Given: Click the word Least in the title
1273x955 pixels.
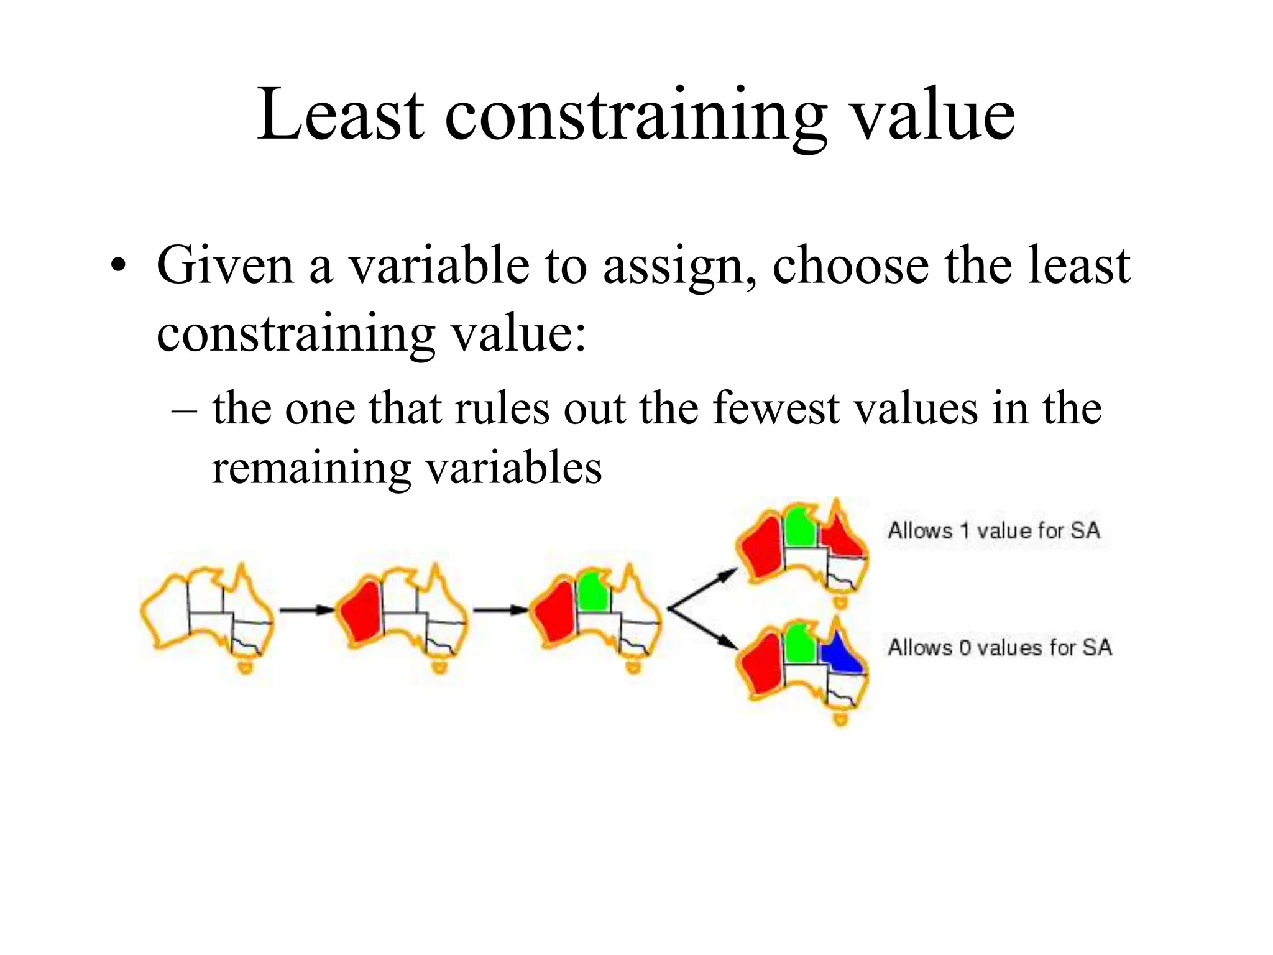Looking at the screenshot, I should pyautogui.click(x=341, y=115).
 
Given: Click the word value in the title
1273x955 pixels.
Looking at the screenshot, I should pyautogui.click(x=932, y=115).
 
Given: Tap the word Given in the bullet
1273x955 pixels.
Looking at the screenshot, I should pyautogui.click(x=224, y=265).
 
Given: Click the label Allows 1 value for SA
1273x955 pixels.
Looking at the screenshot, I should pyautogui.click(x=994, y=530).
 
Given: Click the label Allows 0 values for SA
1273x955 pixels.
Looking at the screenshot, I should pyautogui.click(x=1000, y=647).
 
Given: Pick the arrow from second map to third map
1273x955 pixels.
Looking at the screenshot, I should pyautogui.click(x=500, y=610).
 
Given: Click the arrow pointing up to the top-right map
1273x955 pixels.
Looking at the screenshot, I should pyautogui.click(x=702, y=588).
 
